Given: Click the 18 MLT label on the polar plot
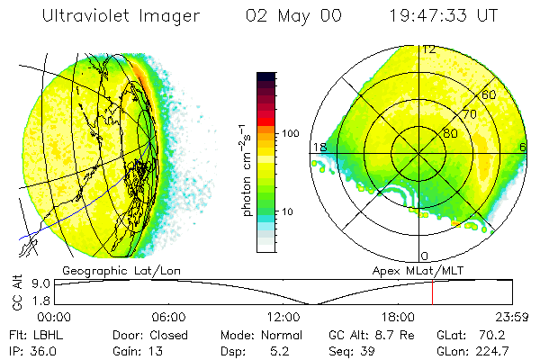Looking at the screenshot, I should pyautogui.click(x=319, y=147).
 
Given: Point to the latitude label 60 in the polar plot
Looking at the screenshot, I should pyautogui.click(x=490, y=94).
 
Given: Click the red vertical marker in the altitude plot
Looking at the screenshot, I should pyautogui.click(x=432, y=293).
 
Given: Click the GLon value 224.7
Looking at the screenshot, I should pyautogui.click(x=493, y=350).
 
